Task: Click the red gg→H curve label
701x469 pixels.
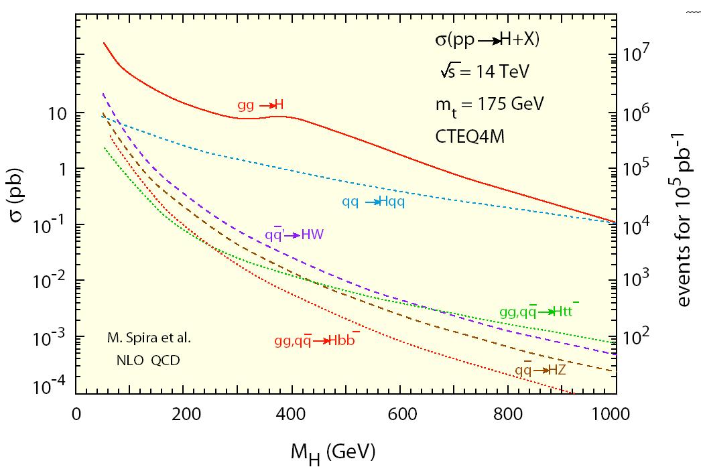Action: click(x=261, y=105)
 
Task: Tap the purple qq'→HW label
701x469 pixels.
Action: click(x=294, y=234)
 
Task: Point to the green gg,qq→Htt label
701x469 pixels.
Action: click(x=539, y=311)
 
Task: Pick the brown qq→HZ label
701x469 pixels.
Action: click(x=541, y=369)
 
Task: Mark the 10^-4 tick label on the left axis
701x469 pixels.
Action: click(x=47, y=387)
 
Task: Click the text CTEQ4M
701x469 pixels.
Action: click(x=468, y=135)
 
